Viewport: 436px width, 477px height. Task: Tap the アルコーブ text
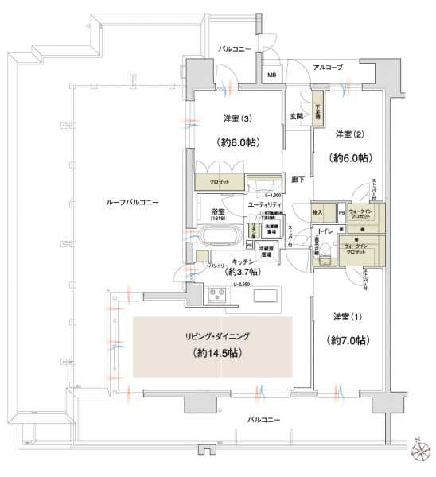click(x=327, y=68)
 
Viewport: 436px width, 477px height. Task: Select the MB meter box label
click(x=272, y=76)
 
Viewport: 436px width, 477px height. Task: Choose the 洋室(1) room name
click(x=348, y=317)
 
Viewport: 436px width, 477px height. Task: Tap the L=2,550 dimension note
click(x=245, y=283)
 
